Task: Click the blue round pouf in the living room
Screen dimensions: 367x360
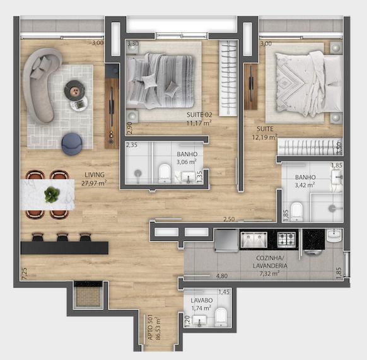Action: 72,144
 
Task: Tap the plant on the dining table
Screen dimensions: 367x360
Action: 52,194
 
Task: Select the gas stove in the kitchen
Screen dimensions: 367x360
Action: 286,240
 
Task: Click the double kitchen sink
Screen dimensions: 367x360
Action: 254,240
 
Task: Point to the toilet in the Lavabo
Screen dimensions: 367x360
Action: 221,317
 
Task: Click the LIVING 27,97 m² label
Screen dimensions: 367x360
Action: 94,179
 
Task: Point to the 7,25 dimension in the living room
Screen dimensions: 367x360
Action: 25,274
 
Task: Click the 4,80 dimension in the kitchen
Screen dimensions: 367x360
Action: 222,276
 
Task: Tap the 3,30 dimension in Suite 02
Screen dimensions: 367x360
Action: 132,44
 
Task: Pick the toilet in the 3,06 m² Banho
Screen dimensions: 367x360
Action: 165,173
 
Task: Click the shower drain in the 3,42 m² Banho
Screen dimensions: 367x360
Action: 332,208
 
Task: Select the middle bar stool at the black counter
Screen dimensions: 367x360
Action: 62,236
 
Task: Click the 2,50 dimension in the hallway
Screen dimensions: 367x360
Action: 229,219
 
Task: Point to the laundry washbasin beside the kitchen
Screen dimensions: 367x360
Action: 334,235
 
